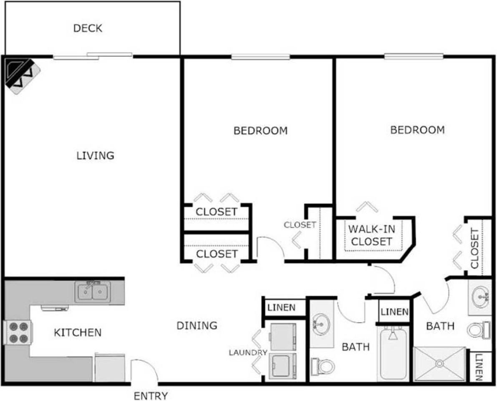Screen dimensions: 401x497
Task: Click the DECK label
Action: point(88,29)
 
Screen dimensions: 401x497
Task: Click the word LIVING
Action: point(95,155)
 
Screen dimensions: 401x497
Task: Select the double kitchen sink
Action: point(93,292)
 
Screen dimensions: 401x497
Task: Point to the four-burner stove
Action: point(18,332)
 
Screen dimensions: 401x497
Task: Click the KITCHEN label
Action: point(78,333)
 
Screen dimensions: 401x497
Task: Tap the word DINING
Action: point(197,325)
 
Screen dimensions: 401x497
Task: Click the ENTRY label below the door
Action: point(151,396)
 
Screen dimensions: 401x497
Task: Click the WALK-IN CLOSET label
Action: point(371,235)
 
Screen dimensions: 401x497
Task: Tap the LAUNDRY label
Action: point(248,353)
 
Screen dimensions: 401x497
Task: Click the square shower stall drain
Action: point(439,364)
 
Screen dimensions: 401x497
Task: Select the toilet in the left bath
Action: point(323,366)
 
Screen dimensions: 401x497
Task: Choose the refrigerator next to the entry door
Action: point(109,367)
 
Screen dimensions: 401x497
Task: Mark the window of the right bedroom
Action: point(414,56)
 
